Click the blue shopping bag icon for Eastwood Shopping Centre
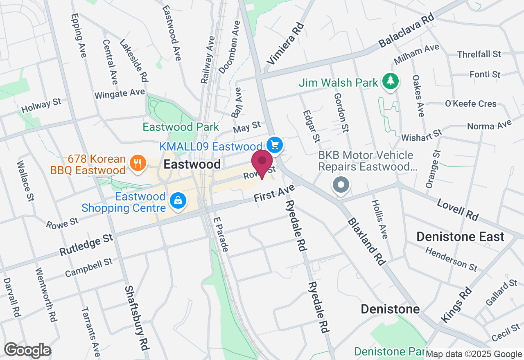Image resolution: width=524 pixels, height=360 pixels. click(178, 200)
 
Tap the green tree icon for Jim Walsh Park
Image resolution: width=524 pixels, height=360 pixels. click(391, 81)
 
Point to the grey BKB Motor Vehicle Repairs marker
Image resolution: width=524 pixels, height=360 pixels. click(341, 185)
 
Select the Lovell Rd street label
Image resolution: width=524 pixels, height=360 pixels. click(458, 209)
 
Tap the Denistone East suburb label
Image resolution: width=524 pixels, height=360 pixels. click(460, 236)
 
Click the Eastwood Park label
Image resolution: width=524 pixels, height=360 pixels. click(181, 127)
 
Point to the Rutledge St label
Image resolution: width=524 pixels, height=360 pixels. click(86, 245)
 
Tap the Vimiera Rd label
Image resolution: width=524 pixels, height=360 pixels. click(286, 44)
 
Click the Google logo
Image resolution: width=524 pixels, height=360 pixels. click(27, 351)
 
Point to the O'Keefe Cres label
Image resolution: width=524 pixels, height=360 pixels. click(470, 103)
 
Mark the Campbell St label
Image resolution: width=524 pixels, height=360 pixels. click(88, 267)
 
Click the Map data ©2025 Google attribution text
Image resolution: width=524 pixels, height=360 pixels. click(474, 354)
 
